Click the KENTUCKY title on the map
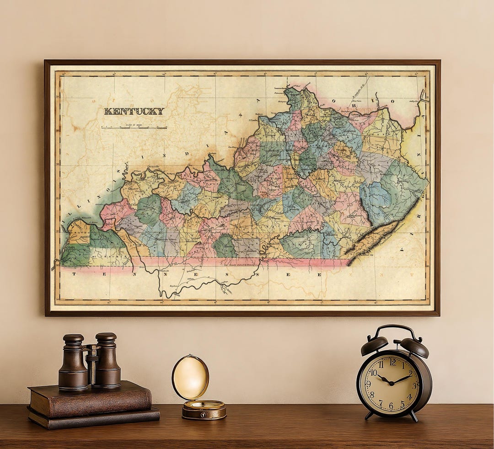click(x=134, y=111)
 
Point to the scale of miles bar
click(x=134, y=128)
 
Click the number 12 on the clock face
click(x=392, y=362)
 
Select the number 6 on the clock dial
click(x=391, y=406)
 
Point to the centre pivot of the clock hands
click(x=392, y=383)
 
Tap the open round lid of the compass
click(x=190, y=378)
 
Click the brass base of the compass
click(x=204, y=410)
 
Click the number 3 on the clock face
click(x=413, y=385)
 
